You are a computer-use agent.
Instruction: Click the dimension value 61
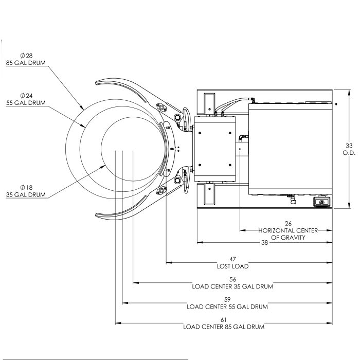(x=223, y=319)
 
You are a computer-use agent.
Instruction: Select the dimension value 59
(x=227, y=299)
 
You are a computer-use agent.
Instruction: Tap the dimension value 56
(x=232, y=279)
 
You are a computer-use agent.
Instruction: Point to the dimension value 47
(x=232, y=260)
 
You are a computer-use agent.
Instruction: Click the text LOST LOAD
(x=232, y=266)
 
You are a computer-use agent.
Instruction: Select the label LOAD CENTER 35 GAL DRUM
(x=232, y=286)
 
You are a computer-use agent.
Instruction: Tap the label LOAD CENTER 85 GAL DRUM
(x=224, y=326)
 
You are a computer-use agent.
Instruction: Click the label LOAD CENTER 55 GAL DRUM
(x=227, y=306)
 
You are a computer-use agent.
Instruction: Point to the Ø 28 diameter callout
(x=26, y=56)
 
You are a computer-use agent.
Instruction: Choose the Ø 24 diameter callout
(x=26, y=96)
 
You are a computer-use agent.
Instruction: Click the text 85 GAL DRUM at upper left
(x=27, y=62)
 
